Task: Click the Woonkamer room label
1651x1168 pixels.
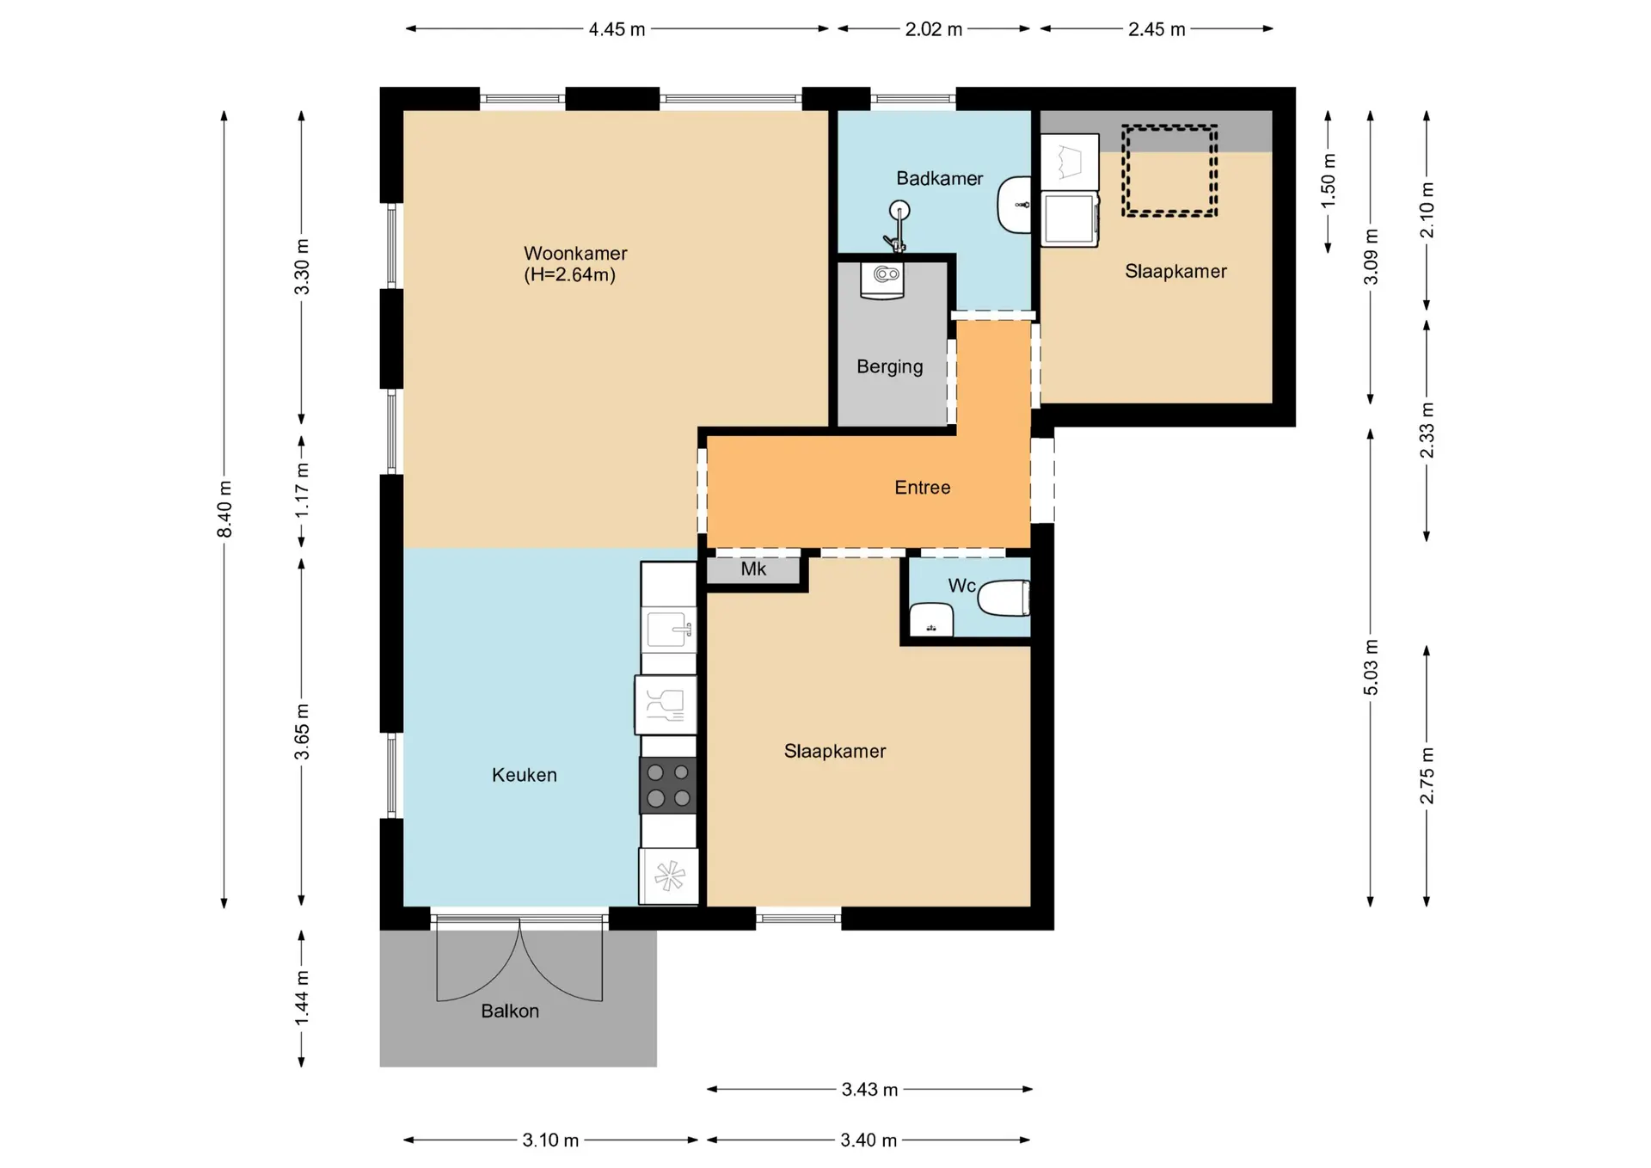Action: point(575,254)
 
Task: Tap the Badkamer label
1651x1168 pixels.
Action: point(939,178)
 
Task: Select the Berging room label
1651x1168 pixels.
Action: point(890,366)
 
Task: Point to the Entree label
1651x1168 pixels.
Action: point(923,488)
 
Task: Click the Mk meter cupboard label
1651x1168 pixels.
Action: point(753,569)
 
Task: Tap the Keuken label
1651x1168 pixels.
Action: point(525,775)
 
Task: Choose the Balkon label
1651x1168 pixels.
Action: point(510,1011)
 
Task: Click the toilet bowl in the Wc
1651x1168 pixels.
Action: point(1003,598)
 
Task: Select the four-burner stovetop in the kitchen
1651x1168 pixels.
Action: point(668,785)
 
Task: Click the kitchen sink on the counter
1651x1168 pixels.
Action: point(669,630)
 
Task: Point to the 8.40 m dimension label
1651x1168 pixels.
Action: point(224,509)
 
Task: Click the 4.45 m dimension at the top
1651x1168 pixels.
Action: point(617,29)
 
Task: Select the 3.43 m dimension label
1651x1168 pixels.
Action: point(869,1090)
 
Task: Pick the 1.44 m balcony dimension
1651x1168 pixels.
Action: point(302,998)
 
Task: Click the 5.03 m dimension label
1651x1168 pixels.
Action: point(1371,667)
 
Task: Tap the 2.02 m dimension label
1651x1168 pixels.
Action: point(934,29)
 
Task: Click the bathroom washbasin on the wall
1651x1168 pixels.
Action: point(1015,205)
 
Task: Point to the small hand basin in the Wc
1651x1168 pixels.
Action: point(931,619)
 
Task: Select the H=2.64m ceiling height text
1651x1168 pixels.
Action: point(570,275)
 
